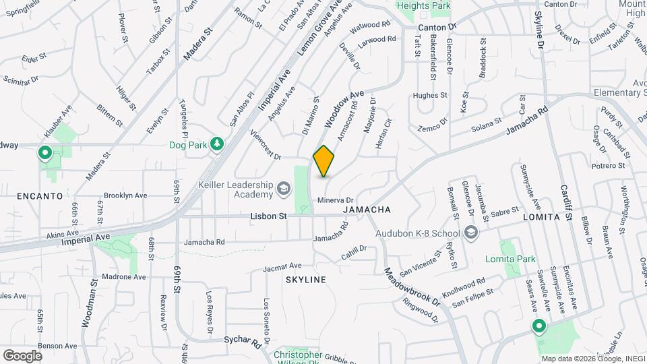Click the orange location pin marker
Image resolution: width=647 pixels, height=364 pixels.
pyautogui.click(x=323, y=161)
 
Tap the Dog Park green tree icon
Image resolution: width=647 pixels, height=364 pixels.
pyautogui.click(x=216, y=144)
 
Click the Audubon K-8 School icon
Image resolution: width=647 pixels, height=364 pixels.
pyautogui.click(x=470, y=233)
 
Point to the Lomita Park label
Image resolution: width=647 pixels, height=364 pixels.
pyautogui.click(x=510, y=259)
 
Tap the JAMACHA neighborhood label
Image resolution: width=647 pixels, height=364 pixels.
pyautogui.click(x=367, y=210)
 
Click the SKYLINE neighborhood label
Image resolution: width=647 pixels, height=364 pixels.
pyautogui.click(x=305, y=279)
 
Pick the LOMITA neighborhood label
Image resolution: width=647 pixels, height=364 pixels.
pyautogui.click(x=541, y=218)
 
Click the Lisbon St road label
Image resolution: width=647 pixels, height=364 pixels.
pyautogui.click(x=269, y=216)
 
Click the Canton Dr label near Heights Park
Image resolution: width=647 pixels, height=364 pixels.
pyautogui.click(x=437, y=27)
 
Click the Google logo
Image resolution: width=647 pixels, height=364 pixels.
pyautogui.click(x=22, y=355)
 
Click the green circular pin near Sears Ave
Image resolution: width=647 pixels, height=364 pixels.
pyautogui.click(x=539, y=327)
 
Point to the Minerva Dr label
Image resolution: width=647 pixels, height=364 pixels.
pyautogui.click(x=335, y=200)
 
